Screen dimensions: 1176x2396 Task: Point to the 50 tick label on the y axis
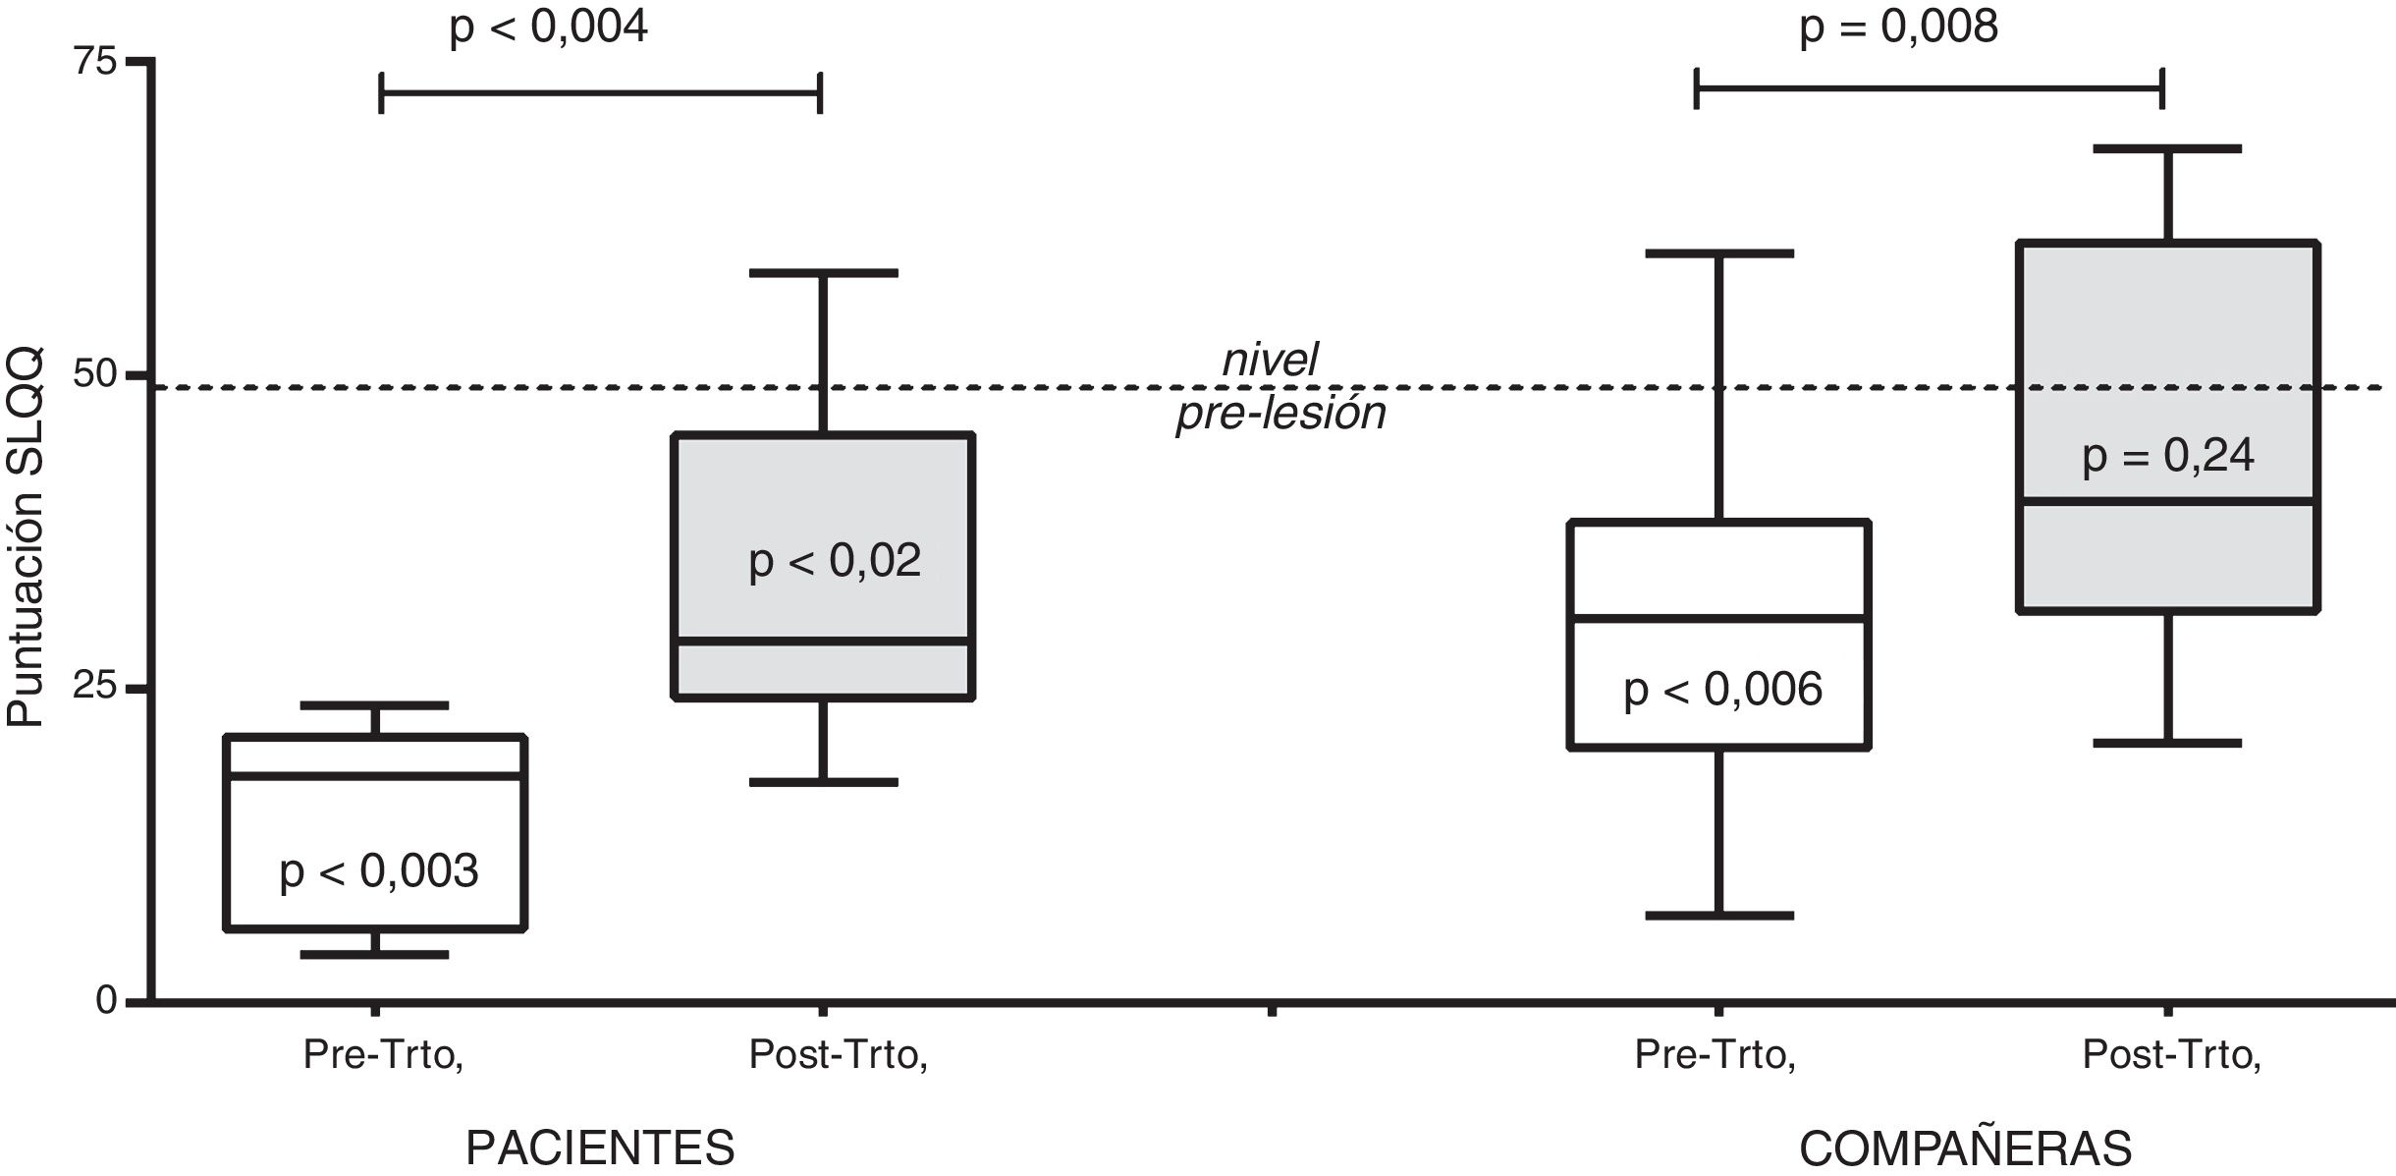tap(95, 375)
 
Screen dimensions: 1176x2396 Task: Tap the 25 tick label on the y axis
tap(95, 687)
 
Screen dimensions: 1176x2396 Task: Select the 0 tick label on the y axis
tap(106, 1000)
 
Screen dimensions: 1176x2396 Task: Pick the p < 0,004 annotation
tap(548, 28)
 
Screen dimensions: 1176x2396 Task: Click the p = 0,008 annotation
tap(1898, 28)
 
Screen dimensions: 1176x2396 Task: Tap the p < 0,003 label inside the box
tap(378, 871)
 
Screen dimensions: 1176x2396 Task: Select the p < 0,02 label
tap(835, 561)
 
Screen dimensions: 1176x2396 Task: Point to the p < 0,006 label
tap(1722, 690)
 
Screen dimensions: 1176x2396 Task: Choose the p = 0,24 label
tap(2168, 456)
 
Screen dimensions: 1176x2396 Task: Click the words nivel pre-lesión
tap(1280, 386)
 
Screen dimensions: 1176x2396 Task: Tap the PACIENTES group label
tap(600, 1148)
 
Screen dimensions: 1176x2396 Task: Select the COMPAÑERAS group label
tap(1965, 1148)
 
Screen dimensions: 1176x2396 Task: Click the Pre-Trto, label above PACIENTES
tap(383, 1055)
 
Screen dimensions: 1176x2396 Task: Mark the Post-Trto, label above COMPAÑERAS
tap(2171, 1055)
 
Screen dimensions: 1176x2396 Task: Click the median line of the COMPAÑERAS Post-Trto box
tap(2168, 501)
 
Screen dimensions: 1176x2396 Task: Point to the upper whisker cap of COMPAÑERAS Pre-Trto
tap(1719, 253)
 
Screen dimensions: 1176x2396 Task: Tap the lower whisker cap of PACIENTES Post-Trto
tap(823, 782)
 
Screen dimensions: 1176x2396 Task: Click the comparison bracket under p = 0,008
tap(1929, 88)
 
